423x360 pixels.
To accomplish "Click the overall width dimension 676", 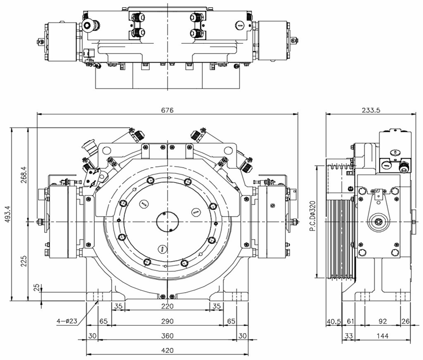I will (167, 110).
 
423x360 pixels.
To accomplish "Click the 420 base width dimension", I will (167, 350).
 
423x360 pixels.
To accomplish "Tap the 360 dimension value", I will (167, 336).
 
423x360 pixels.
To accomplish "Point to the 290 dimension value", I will (167, 321).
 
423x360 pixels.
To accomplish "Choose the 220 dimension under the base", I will (167, 306).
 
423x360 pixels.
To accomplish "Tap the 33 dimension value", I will (349, 336).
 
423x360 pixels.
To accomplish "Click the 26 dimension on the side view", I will (406, 321).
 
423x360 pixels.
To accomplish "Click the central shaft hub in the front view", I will (167, 223).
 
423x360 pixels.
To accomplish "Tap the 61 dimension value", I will (350, 321).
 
